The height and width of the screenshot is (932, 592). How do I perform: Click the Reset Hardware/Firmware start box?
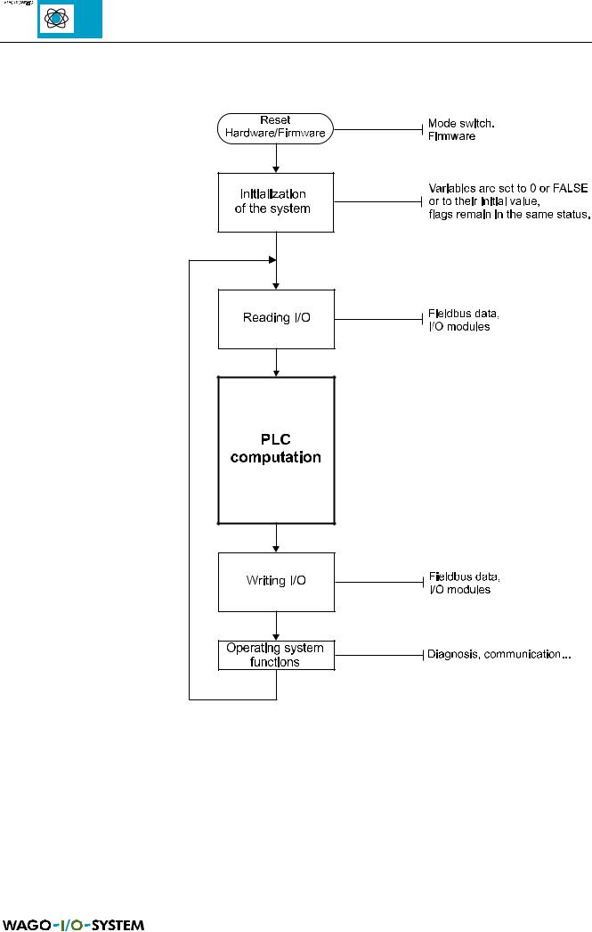(x=276, y=127)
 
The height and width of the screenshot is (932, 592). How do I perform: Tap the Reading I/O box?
(x=276, y=317)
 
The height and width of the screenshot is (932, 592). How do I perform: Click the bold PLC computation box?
(x=276, y=449)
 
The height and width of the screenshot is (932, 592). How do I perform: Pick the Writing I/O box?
(x=276, y=581)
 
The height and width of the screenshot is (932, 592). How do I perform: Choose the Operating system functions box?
(x=276, y=655)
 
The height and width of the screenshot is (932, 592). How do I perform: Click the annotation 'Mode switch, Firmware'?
(x=461, y=129)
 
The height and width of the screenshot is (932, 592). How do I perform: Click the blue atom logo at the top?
(x=69, y=20)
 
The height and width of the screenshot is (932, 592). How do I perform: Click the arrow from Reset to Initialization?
(x=277, y=157)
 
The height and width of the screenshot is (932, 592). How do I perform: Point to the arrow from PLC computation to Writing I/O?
(x=277, y=537)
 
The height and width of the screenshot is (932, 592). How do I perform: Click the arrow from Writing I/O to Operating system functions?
(x=277, y=625)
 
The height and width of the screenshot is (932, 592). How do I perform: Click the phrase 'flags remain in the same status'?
(x=508, y=215)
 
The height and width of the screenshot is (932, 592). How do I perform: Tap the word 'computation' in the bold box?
(x=276, y=458)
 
